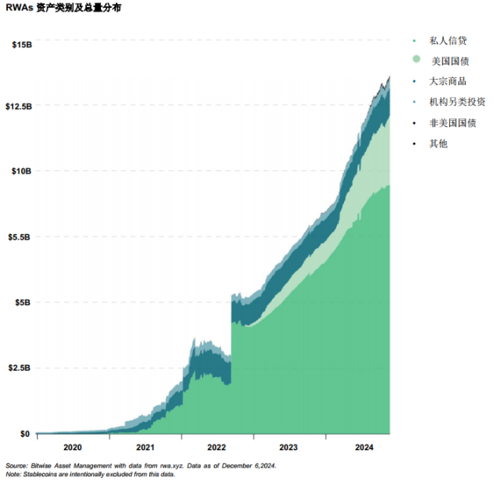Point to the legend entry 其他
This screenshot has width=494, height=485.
438,144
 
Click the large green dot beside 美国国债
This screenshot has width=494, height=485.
416,60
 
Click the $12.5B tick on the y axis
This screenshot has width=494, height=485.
18,106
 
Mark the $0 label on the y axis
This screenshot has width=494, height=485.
24,434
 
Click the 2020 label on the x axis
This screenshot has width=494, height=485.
72,447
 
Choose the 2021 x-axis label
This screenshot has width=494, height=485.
145,447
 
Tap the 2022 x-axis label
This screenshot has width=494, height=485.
217,447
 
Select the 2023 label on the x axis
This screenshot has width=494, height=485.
289,447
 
